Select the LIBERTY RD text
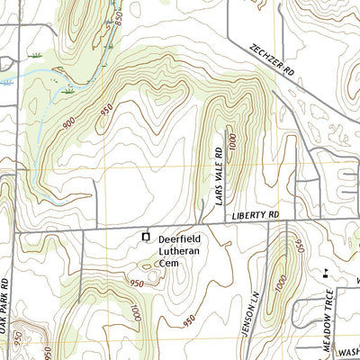256,215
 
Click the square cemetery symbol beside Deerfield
146,237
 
